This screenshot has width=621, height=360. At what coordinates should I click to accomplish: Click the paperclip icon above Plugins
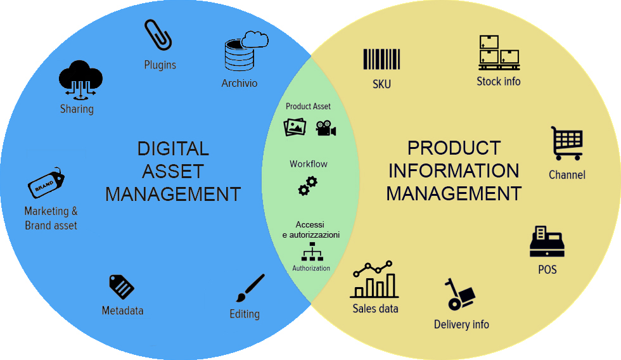158,35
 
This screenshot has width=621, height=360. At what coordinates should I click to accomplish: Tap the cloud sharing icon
80,79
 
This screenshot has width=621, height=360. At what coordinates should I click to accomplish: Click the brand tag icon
46,184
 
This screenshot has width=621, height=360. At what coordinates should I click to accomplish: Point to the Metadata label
122,311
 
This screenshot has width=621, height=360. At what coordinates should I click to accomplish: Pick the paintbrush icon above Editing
250,288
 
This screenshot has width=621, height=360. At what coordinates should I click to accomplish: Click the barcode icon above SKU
381,60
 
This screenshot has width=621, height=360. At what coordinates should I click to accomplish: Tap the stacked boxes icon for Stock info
499,52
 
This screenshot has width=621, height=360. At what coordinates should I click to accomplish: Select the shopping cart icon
567,143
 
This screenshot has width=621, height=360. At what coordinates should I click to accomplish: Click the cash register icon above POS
547,241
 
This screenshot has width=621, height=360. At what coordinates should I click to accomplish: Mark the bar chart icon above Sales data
375,280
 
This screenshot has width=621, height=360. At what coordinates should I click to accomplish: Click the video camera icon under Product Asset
326,128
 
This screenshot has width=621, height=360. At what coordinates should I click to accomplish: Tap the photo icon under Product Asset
295,126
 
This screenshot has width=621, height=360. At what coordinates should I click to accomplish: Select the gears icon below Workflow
308,186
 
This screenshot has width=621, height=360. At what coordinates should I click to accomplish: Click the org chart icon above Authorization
311,252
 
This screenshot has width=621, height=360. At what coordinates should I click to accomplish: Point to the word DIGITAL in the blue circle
172,149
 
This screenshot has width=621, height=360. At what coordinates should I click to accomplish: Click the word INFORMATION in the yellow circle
454,170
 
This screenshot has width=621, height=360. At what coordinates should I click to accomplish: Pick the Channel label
567,174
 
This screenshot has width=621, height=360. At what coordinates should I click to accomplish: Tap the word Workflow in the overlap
309,164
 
